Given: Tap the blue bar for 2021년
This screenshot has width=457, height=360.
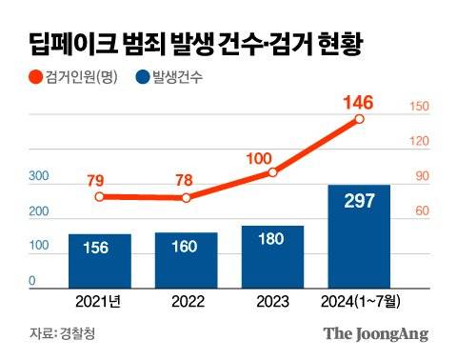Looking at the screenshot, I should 100,259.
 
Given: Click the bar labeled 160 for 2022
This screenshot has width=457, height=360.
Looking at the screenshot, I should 186,258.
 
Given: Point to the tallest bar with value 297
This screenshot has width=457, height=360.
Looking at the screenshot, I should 358,234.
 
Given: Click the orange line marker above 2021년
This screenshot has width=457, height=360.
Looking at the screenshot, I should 100,197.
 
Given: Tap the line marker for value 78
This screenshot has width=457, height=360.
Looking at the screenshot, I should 187,198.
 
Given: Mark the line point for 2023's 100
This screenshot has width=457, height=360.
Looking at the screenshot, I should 272,172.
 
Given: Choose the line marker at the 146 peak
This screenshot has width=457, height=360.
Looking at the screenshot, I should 359,119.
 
